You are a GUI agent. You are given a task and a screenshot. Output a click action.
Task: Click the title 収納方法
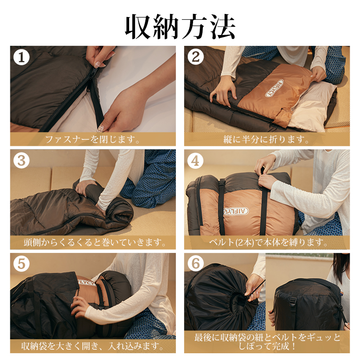click(180, 27)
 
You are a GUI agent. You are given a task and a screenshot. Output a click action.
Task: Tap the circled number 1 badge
click(21, 58)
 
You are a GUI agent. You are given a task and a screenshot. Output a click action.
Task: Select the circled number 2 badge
click(196, 57)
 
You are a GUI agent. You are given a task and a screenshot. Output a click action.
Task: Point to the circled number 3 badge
click(21, 161)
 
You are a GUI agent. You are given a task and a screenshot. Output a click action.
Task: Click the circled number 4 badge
click(195, 161)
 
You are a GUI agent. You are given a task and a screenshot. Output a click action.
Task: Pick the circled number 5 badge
click(21, 264)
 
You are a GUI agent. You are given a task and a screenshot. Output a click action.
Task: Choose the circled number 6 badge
click(196, 264)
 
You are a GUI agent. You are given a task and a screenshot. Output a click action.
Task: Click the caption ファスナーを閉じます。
click(93, 139)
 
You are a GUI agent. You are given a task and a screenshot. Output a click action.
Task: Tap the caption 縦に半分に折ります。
click(266, 139)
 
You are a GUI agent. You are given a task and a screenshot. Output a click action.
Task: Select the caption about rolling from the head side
click(94, 243)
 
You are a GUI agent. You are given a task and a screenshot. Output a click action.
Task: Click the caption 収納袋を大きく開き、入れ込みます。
click(93, 346)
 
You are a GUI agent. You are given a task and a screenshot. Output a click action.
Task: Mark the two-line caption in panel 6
click(267, 342)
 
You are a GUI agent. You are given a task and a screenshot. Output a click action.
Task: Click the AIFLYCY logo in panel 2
click(274, 88)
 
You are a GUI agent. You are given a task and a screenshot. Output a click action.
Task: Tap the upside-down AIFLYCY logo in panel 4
click(236, 211)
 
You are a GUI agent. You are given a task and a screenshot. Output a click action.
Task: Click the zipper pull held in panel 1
click(97, 64)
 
